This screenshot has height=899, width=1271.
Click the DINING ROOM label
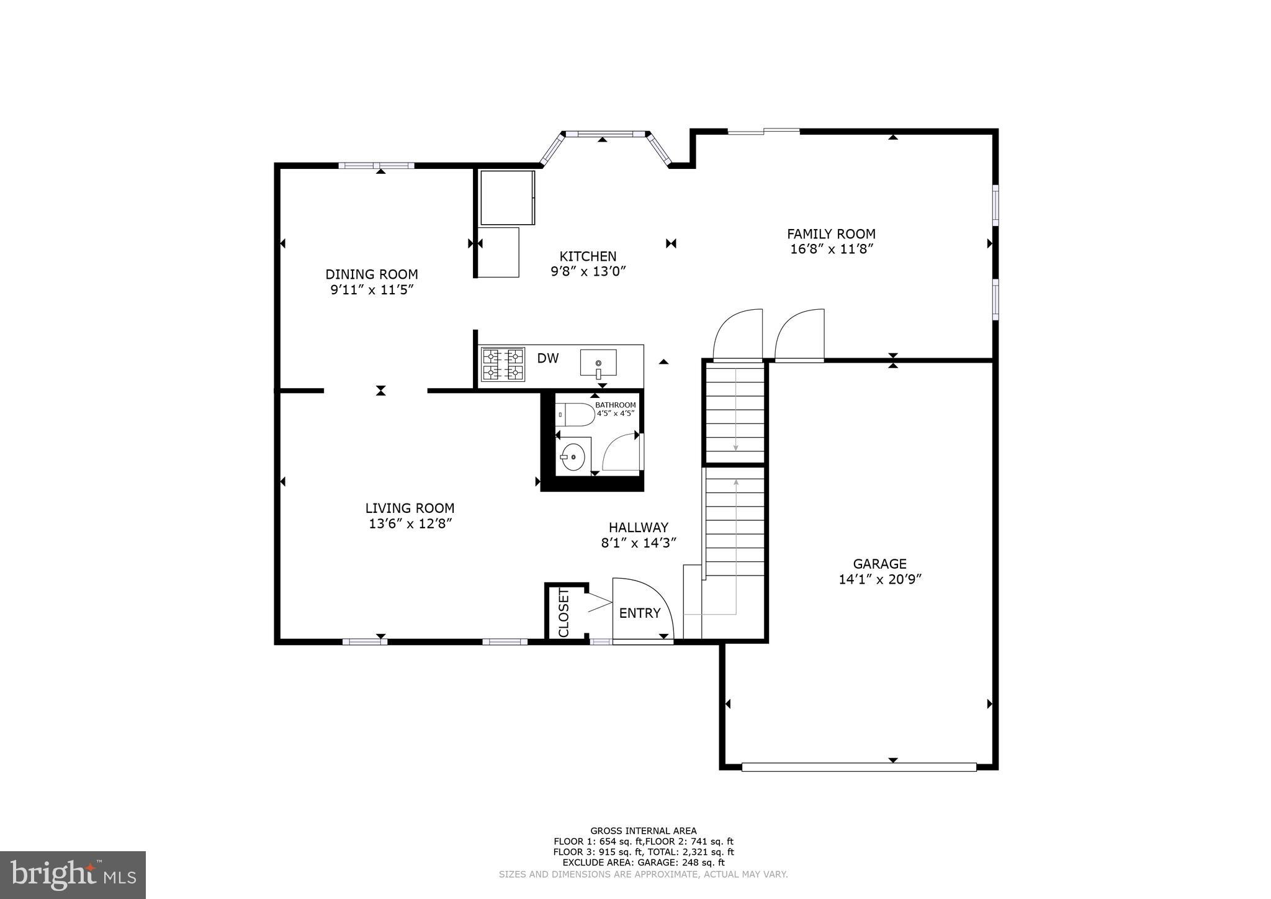pos(371,274)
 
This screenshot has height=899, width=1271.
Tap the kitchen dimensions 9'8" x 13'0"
pos(588,271)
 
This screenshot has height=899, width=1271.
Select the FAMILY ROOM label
pos(831,234)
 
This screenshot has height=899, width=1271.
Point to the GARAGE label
pos(879,564)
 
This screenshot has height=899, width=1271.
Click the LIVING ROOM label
pos(410,508)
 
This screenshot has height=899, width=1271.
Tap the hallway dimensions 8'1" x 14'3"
pos(638,543)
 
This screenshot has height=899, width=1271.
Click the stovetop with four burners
pos(503,364)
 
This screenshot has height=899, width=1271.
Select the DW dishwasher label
pos(547,358)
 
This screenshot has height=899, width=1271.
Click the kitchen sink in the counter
pos(598,363)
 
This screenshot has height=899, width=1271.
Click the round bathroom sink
pos(573,457)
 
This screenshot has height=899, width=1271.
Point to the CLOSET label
pos(564,612)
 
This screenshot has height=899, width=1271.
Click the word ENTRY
pos(639,613)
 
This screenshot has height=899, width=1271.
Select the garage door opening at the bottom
pos(859,767)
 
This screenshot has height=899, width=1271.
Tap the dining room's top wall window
pos(376,165)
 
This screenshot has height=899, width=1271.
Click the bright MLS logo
pos(73,875)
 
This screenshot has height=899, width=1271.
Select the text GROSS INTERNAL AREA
pos(643,831)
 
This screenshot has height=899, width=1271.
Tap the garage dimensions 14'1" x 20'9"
pos(879,579)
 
